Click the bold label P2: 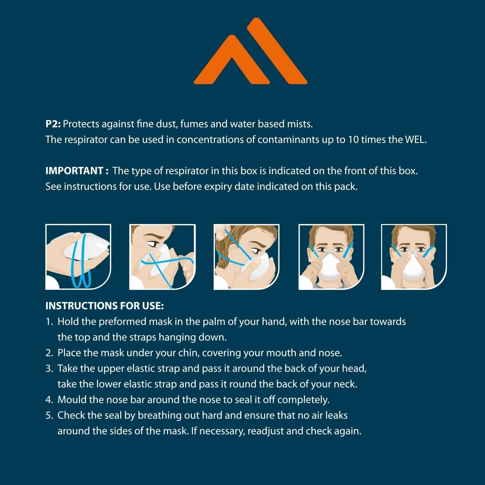[53, 124]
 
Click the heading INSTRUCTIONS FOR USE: [104, 306]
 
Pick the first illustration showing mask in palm [78, 257]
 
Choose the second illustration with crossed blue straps [162, 257]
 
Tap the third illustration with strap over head [246, 257]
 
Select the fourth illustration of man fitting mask [331, 257]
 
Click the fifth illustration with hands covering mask [414, 257]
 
